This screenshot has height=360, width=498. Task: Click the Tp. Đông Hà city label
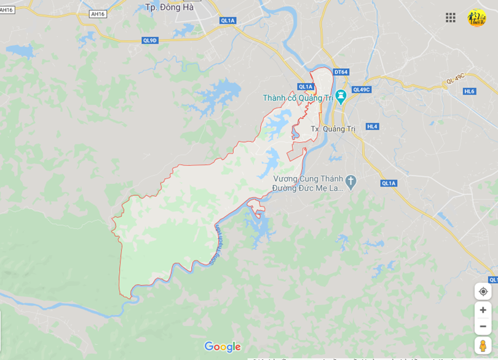(x=169, y=7)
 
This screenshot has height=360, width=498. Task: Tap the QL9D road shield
(x=150, y=40)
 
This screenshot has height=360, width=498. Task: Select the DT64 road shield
(x=341, y=72)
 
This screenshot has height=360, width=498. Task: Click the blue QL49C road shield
(x=361, y=89)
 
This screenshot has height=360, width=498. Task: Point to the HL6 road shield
(x=470, y=91)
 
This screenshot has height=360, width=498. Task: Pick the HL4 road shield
(x=372, y=126)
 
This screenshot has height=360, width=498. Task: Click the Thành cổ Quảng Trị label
(x=298, y=98)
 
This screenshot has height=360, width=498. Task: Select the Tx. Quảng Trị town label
(x=333, y=129)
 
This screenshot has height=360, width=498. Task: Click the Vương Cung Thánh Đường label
(x=307, y=183)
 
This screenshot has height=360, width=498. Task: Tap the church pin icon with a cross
(x=350, y=181)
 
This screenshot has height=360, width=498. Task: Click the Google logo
(x=223, y=346)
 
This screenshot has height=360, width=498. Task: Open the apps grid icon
(x=451, y=17)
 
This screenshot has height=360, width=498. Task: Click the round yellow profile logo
(x=477, y=17)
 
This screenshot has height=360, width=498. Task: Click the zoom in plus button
(x=483, y=310)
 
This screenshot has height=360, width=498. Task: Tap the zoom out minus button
(x=483, y=326)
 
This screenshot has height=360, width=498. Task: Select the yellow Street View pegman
(x=483, y=345)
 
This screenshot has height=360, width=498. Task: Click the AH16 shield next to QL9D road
(x=98, y=14)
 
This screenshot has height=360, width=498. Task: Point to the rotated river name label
(x=216, y=244)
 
